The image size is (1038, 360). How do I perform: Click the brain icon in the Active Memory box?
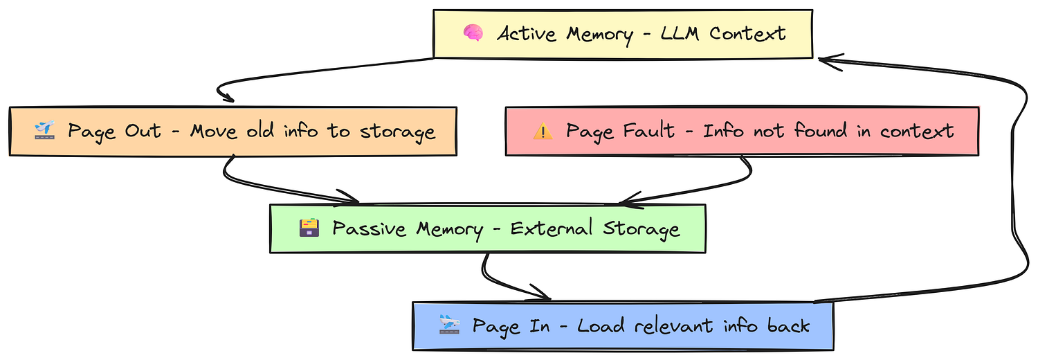click(473, 33)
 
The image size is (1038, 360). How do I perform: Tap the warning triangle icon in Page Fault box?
click(543, 132)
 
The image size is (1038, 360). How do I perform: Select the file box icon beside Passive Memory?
click(309, 228)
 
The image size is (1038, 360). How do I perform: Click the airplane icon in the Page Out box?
click(44, 130)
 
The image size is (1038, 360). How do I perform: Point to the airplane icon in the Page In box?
click(450, 324)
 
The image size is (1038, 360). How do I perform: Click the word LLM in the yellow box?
click(680, 33)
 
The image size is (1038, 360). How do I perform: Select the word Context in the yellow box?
click(747, 33)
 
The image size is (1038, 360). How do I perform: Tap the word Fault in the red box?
click(648, 130)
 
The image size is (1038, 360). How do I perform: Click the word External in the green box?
click(552, 228)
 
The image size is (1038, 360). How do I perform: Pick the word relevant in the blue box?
click(674, 325)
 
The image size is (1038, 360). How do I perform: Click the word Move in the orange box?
click(214, 131)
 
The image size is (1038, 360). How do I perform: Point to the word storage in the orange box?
click(398, 132)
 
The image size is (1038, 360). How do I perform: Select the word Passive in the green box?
click(369, 228)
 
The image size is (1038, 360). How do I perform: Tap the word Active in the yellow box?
click(527, 34)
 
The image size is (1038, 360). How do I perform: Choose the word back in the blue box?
click(788, 325)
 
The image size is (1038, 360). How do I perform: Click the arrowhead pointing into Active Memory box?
click(825, 60)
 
